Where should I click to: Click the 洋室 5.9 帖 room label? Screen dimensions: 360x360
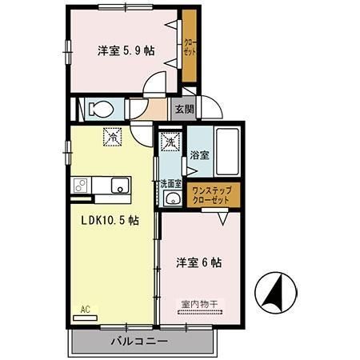(126, 50)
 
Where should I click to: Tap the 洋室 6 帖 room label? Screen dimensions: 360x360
(199, 262)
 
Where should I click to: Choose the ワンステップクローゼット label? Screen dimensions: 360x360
(212, 195)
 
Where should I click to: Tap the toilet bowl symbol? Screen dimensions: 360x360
(100, 108)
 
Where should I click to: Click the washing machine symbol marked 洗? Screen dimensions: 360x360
(170, 142)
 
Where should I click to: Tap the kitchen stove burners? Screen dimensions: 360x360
(80, 186)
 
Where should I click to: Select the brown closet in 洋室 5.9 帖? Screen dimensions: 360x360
(189, 47)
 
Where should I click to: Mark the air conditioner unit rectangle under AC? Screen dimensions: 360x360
(83, 317)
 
